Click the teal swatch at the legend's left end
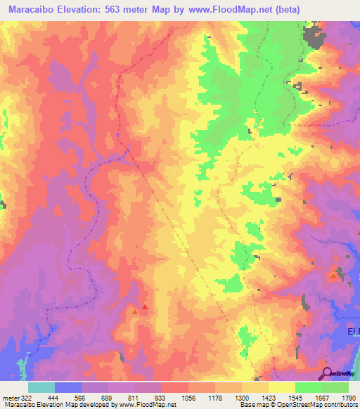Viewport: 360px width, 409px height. tap(41, 387)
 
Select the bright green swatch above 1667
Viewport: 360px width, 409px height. tap(308, 387)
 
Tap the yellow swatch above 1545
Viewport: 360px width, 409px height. tap(282, 387)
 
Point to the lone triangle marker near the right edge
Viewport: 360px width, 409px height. tap(333, 275)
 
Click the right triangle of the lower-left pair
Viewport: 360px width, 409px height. tap(145, 306)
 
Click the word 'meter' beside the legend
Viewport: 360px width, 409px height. tap(9, 397)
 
